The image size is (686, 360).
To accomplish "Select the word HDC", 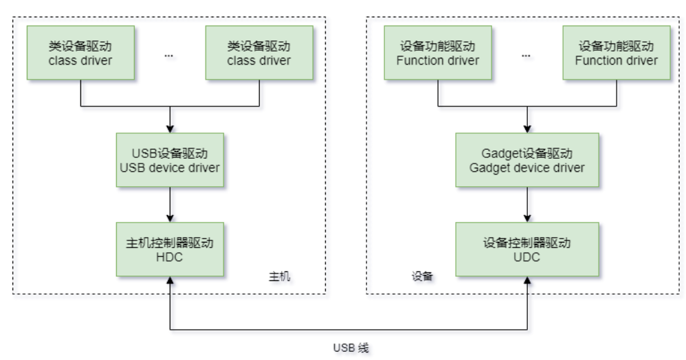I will click(170, 258).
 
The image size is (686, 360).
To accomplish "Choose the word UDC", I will click(527, 258).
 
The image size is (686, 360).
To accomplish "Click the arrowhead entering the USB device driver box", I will click(170, 129).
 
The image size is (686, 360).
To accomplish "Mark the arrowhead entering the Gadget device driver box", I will click(527, 129).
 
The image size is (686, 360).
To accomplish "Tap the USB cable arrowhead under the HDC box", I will click(170, 282).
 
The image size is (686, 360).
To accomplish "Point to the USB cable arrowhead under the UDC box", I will click(527, 282).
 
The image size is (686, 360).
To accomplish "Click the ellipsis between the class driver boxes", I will click(170, 54).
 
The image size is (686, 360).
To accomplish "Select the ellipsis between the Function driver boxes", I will click(527, 54).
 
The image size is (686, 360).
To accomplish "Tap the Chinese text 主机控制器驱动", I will click(170, 244).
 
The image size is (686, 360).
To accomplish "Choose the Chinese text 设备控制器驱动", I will click(527, 244).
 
